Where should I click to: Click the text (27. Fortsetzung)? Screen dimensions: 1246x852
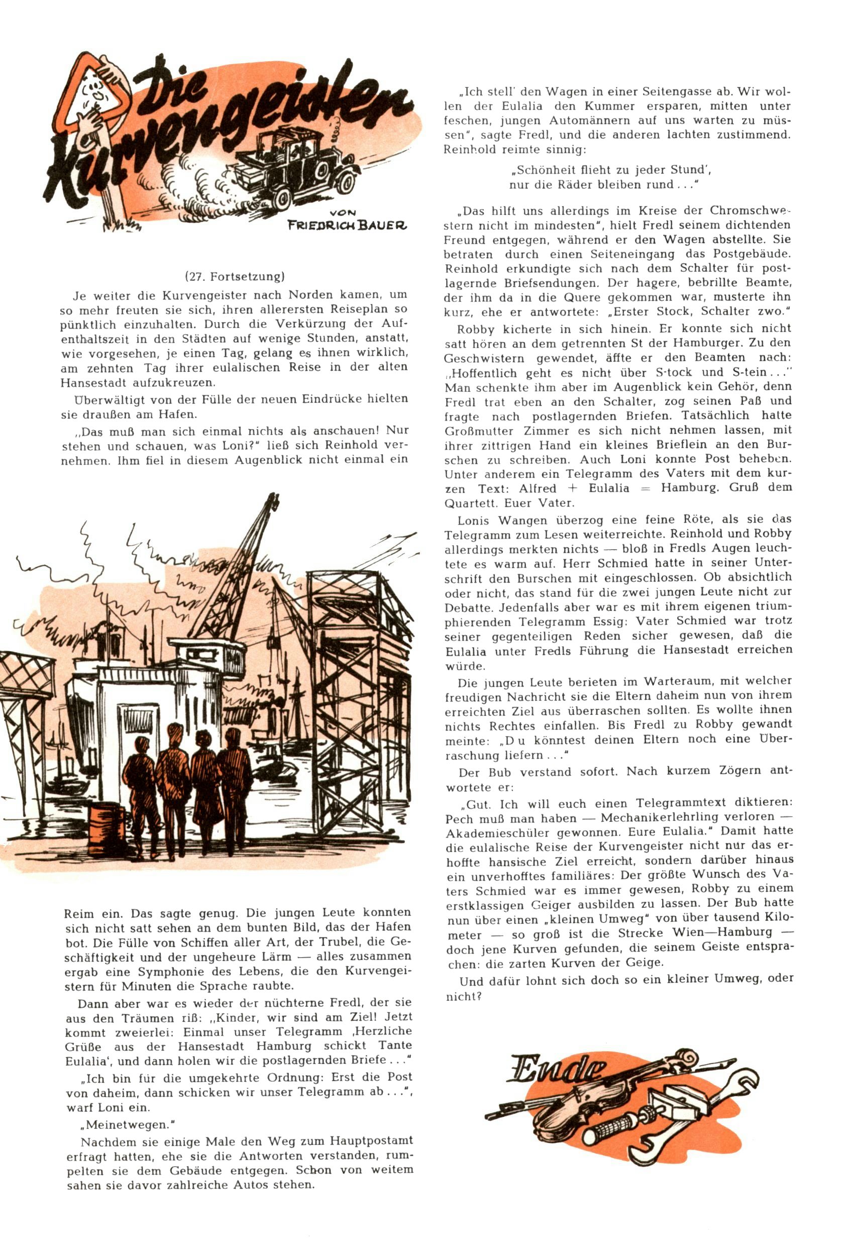coord(234,277)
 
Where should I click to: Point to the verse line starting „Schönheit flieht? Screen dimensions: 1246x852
coord(611,170)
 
